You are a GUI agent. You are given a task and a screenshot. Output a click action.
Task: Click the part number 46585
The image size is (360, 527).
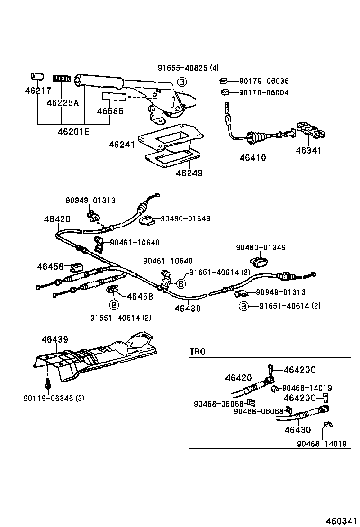[x=110, y=112]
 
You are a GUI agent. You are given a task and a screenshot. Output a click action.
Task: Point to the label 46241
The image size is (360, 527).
[x=122, y=144]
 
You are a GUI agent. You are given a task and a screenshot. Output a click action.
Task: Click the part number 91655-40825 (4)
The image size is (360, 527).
[x=188, y=68]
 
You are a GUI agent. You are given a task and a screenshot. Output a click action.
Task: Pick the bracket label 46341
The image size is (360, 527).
[x=308, y=151]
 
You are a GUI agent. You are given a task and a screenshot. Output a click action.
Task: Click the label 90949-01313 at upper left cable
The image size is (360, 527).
[x=90, y=200]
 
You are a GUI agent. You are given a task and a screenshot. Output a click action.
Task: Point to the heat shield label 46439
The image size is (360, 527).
[x=55, y=339]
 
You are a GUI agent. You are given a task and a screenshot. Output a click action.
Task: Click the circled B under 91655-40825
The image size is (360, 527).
[x=181, y=82]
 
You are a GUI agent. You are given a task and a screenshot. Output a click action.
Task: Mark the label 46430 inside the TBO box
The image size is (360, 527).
[x=298, y=430]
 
